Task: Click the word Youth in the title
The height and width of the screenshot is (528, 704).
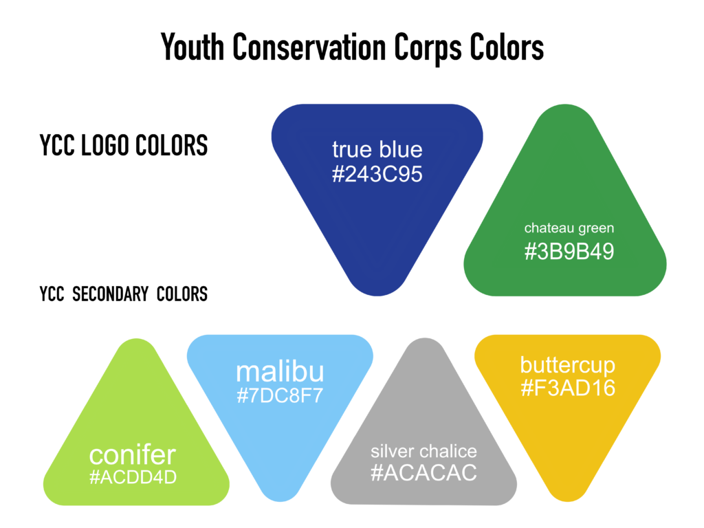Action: (x=192, y=47)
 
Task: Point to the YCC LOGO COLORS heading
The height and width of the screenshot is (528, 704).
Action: (x=124, y=145)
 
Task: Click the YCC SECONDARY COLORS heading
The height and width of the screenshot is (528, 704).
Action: (x=124, y=294)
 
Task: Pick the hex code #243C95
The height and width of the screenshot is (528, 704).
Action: (x=377, y=174)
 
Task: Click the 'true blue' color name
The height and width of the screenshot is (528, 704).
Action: (x=377, y=149)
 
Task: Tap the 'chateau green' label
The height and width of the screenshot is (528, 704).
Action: (x=569, y=228)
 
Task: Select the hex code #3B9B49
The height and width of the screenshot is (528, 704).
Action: (x=569, y=252)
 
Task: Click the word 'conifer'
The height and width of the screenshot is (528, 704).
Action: (x=133, y=455)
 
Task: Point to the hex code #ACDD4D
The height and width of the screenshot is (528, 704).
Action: (x=133, y=477)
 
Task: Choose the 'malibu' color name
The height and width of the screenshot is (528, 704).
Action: (x=280, y=372)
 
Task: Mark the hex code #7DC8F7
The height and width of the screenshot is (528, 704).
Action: (x=280, y=395)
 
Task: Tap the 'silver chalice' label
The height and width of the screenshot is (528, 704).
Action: (x=423, y=451)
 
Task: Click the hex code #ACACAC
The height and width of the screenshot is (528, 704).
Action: (x=423, y=473)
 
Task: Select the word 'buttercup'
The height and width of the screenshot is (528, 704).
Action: (x=567, y=366)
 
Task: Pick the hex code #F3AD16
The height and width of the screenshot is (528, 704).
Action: (x=567, y=388)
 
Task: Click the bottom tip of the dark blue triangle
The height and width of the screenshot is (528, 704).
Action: (x=377, y=296)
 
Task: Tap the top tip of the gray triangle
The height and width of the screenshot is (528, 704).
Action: (x=423, y=338)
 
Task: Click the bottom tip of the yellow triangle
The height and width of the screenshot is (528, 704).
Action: (x=567, y=501)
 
